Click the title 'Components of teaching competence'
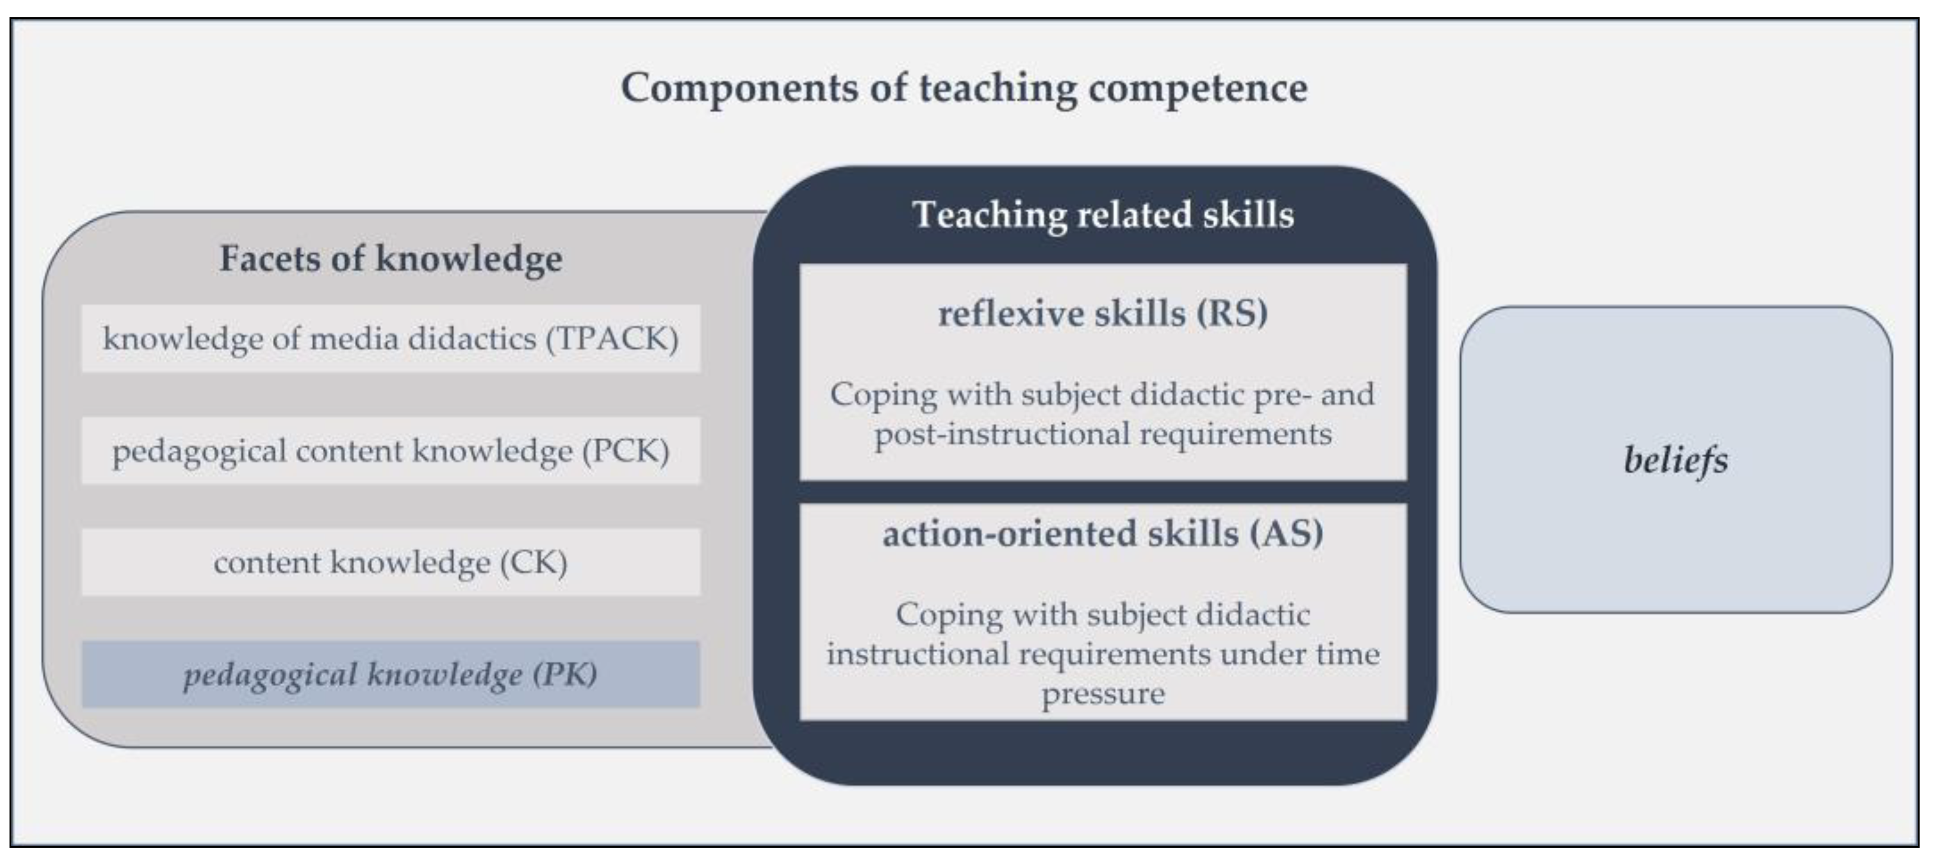point(964,88)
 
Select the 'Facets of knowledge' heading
point(391,259)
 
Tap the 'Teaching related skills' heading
point(1103,215)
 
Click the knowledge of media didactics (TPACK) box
point(391,338)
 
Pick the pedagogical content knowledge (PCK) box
point(391,451)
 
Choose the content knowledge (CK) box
point(391,562)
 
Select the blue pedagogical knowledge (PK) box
point(391,674)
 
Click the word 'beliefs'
point(1676,460)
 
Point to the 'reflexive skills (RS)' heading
point(1103,313)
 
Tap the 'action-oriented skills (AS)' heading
point(1103,533)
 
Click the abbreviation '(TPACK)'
point(612,339)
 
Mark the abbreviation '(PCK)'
point(625,451)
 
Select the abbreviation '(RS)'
point(1233,313)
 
